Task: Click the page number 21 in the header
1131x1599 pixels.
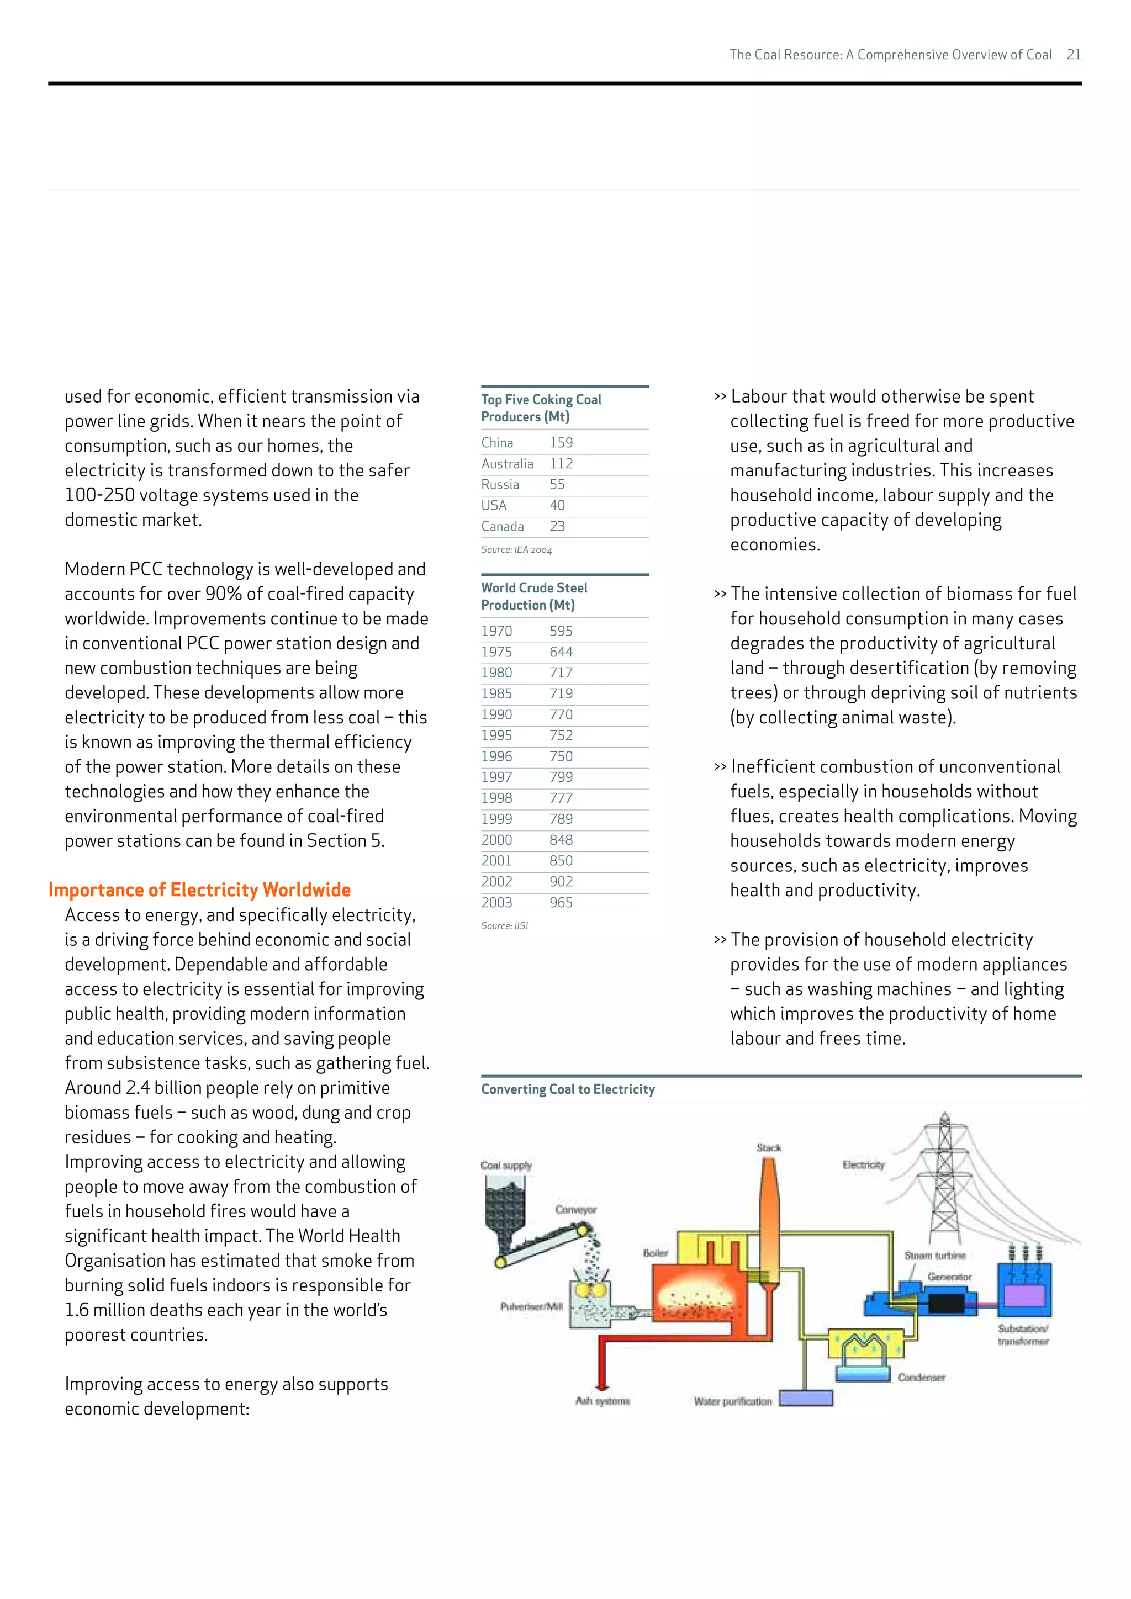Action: [1073, 54]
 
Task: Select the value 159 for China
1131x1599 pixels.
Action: [561, 443]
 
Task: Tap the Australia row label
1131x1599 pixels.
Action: [507, 464]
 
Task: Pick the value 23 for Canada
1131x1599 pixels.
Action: [557, 527]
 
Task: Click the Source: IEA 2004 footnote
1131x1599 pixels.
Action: [516, 549]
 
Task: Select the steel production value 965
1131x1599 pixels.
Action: [561, 903]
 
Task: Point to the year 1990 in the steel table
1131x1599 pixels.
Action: [496, 714]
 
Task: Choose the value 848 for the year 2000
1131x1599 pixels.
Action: [561, 840]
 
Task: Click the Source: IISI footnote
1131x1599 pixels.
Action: [504, 925]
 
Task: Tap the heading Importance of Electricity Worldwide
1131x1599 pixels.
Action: [199, 890]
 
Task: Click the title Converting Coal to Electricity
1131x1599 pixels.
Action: [568, 1089]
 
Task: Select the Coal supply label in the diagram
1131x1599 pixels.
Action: [506, 1165]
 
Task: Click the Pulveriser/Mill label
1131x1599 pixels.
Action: [531, 1306]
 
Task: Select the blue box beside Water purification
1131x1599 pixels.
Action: [806, 1399]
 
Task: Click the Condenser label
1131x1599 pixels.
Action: [921, 1378]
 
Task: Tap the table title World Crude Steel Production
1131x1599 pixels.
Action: [534, 596]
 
